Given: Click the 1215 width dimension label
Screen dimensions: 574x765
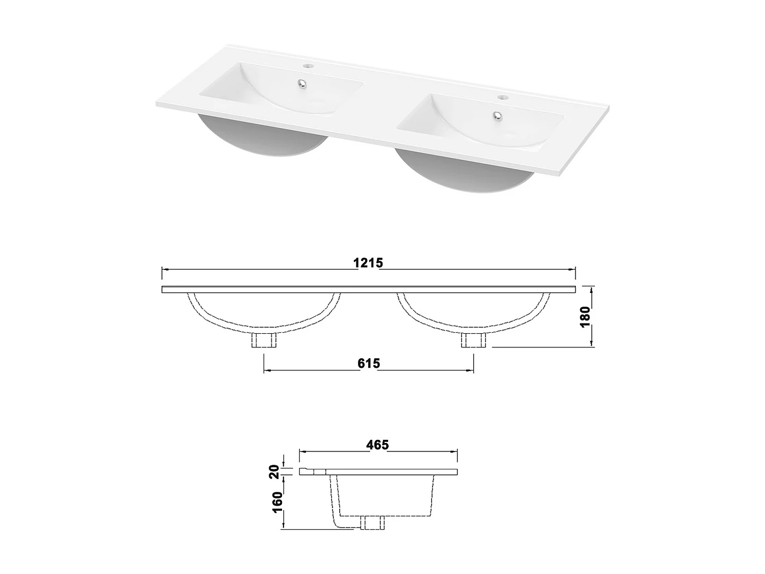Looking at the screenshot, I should [x=368, y=263].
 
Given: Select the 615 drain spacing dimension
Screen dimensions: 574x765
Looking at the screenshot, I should [x=369, y=363].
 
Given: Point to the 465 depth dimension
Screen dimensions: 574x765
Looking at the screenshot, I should [x=377, y=445].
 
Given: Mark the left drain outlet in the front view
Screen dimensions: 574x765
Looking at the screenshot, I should [x=264, y=340].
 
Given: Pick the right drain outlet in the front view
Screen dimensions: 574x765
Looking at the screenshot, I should [x=474, y=340].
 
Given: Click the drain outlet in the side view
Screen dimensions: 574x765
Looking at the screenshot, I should [x=372, y=523].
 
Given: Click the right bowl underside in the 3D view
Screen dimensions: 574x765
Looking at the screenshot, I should [x=464, y=173].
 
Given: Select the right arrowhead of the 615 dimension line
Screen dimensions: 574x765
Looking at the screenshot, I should [x=471, y=369].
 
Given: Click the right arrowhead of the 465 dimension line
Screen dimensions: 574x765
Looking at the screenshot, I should [x=455, y=451].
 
